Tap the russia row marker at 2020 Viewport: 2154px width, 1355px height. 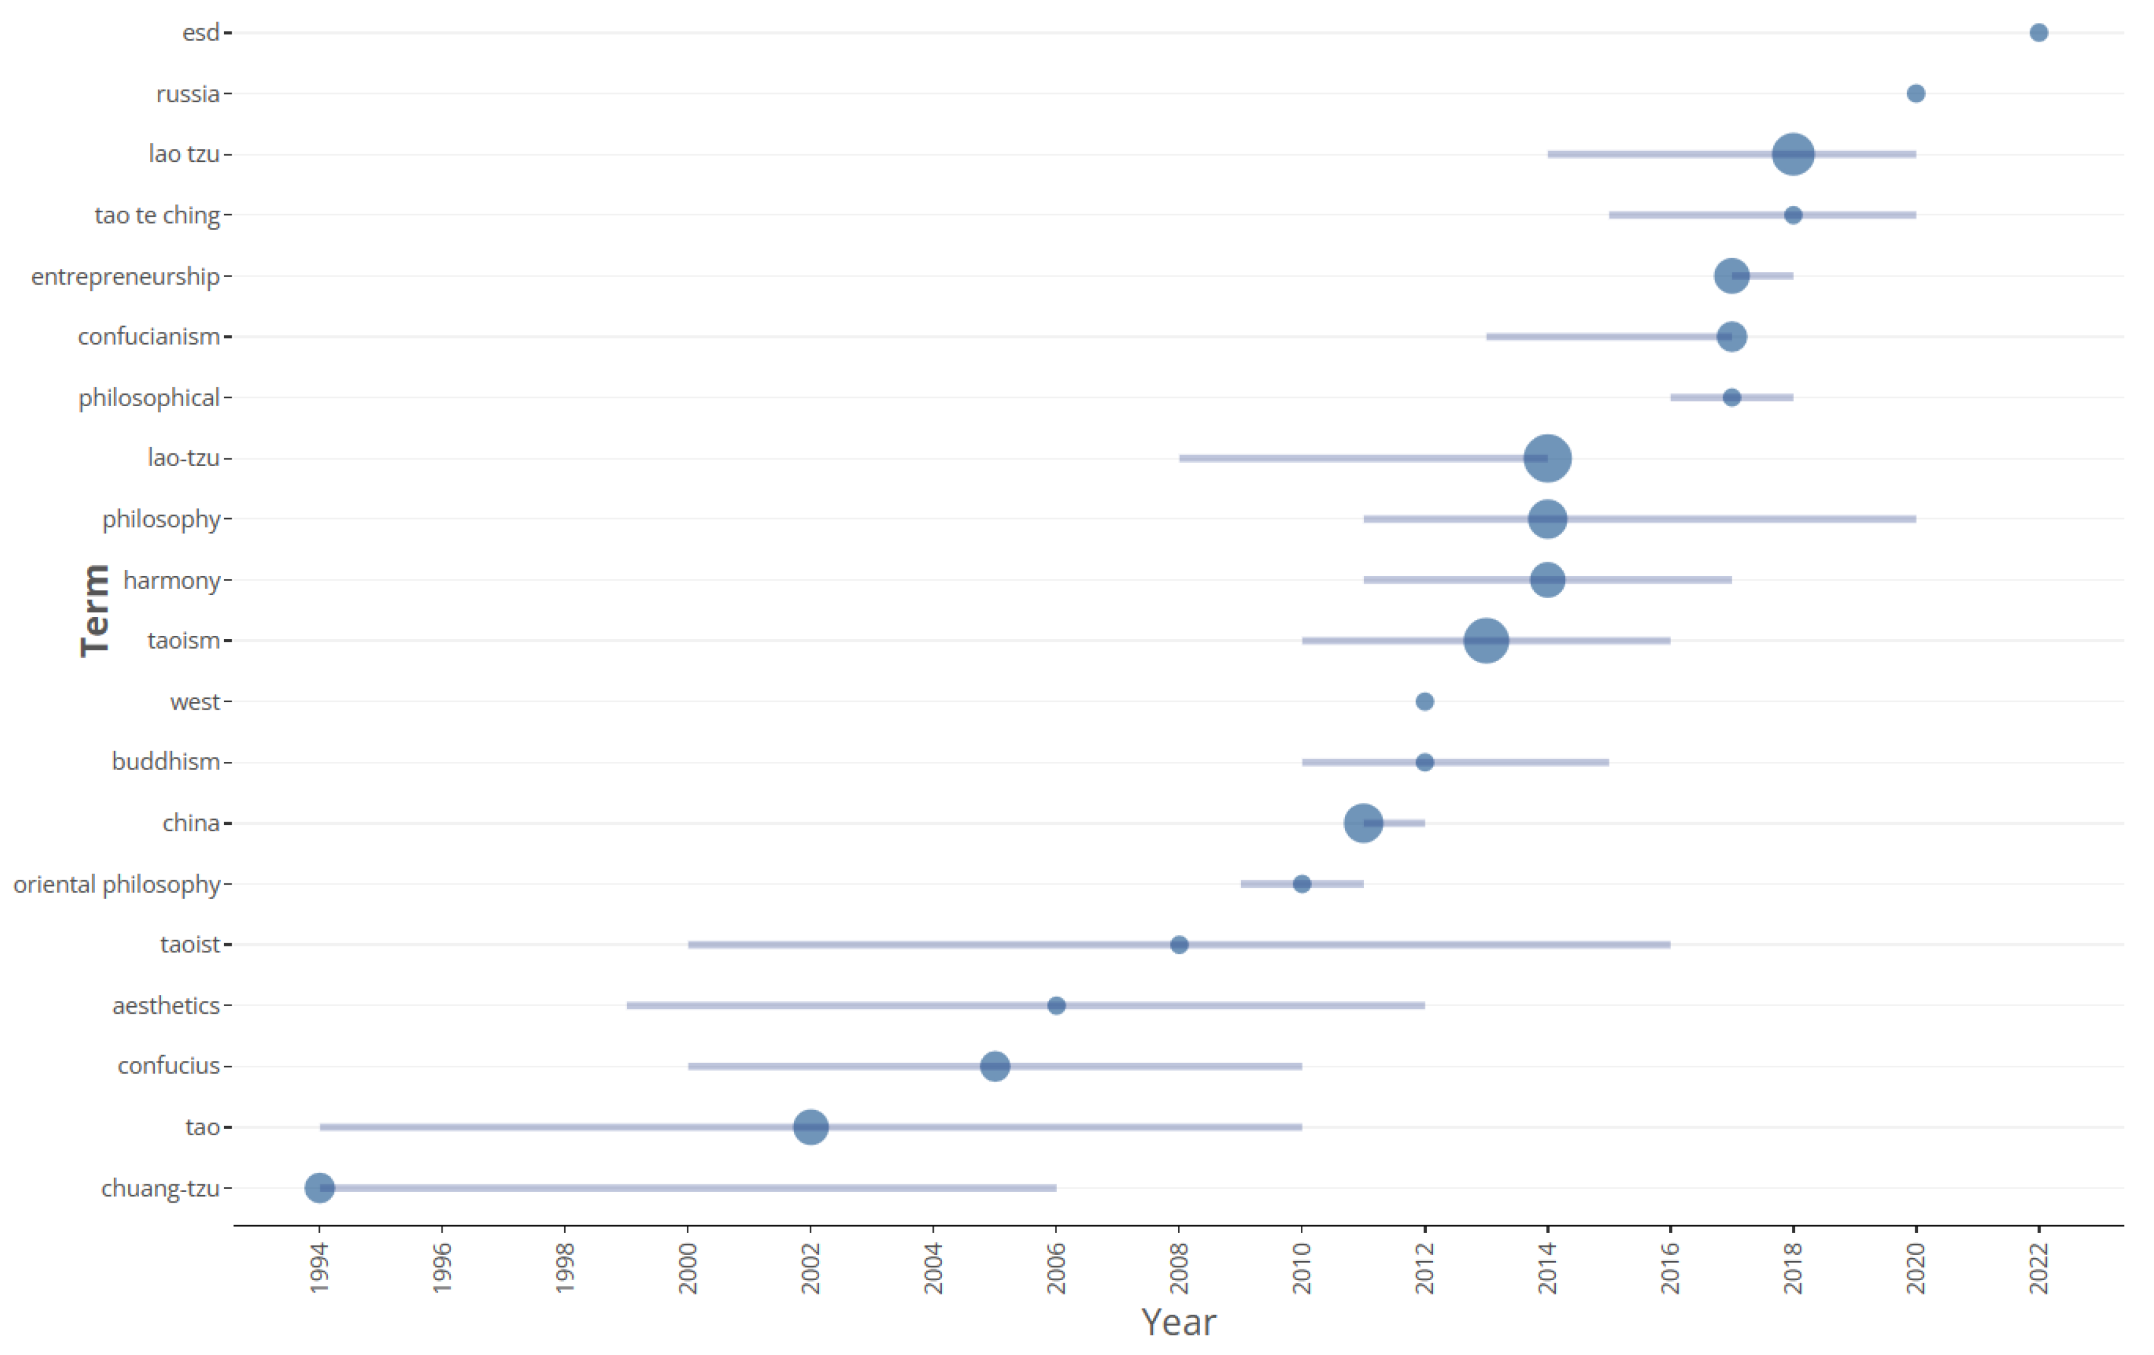tap(1915, 94)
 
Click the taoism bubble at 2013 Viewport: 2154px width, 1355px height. tap(1486, 640)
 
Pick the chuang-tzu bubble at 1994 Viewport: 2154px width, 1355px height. tap(319, 1188)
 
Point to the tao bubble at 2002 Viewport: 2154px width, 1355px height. tap(810, 1127)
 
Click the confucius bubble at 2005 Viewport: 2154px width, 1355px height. tap(995, 1066)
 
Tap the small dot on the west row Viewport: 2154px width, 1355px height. tap(1424, 701)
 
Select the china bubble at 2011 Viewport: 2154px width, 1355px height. tap(1363, 823)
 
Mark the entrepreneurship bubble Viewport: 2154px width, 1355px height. tap(1731, 276)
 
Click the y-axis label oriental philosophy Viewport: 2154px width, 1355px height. tap(116, 883)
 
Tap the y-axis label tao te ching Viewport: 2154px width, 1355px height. tap(157, 215)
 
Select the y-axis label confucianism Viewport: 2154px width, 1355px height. tap(149, 336)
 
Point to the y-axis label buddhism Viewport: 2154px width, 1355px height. tap(166, 762)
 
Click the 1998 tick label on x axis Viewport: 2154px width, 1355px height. tap(564, 1268)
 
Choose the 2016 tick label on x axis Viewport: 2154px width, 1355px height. tap(1669, 1268)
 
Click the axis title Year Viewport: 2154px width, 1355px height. tap(1178, 1322)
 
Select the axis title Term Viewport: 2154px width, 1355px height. tap(95, 610)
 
